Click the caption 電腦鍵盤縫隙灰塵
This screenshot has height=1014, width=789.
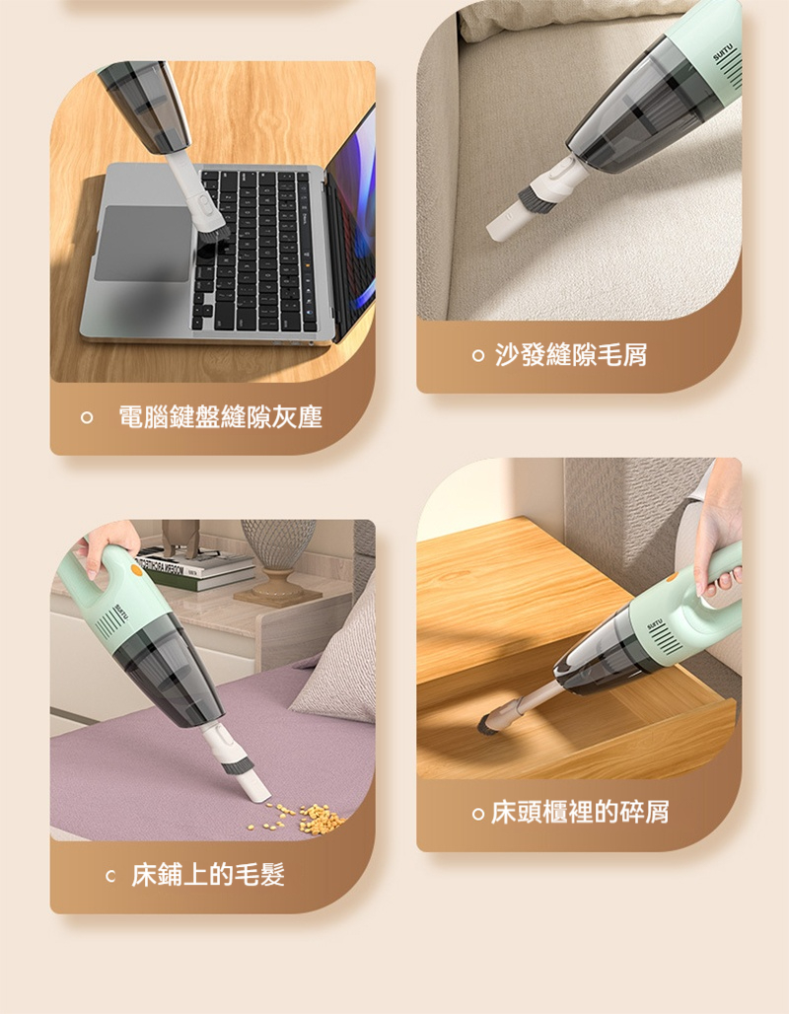[x=220, y=417]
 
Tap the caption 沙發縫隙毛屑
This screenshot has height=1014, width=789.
[x=571, y=354]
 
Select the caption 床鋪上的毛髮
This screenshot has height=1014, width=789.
[x=208, y=874]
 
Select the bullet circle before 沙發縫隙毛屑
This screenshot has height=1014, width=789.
[x=478, y=355]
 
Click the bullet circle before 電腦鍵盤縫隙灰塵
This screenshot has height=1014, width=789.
[x=87, y=418]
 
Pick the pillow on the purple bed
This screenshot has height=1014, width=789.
[x=338, y=661]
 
